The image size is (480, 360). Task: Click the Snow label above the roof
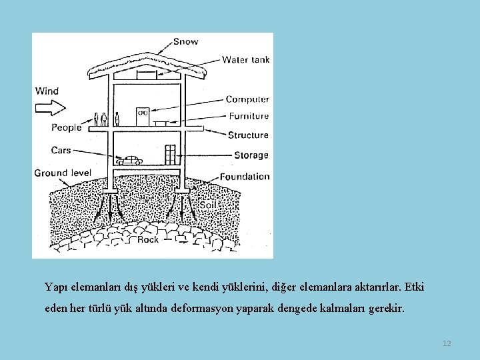tap(185, 41)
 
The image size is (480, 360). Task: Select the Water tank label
tap(245, 59)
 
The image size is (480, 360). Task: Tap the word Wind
tap(47, 91)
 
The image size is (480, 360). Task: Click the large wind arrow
tap(50, 106)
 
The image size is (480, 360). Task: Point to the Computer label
tap(247, 99)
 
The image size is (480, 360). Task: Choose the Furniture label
tap(249, 116)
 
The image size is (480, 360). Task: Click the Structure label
tap(248, 135)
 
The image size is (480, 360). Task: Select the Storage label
tap(251, 155)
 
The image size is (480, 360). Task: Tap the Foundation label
tap(245, 177)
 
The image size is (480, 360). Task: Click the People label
tap(66, 127)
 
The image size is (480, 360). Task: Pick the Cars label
tap(61, 150)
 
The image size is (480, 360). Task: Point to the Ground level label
tap(63, 173)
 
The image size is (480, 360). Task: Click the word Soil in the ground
tap(207, 205)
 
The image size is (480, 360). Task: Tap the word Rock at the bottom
tap(147, 239)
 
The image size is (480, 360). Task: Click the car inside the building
tap(129, 161)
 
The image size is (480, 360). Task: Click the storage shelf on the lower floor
tap(170, 155)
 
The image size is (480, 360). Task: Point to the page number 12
tap(447, 343)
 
